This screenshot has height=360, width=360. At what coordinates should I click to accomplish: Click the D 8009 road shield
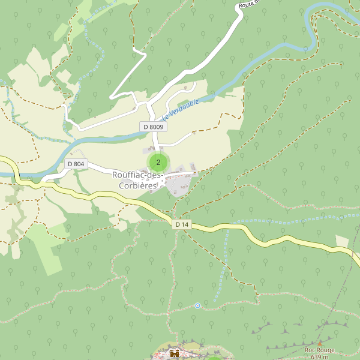point(153,127)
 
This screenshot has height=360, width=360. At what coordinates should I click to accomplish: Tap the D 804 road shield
point(76,164)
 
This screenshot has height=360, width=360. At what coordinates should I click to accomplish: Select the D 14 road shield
point(182,224)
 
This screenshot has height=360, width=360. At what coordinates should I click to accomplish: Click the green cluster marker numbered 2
point(158,162)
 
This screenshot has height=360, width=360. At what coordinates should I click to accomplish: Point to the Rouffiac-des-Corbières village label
point(137,180)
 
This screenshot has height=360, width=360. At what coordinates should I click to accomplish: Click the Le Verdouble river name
point(180,108)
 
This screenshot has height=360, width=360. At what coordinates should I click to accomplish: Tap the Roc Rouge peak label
point(319,350)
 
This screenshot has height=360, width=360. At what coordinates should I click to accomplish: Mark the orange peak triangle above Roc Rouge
point(320,343)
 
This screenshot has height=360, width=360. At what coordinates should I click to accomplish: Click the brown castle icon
point(175,353)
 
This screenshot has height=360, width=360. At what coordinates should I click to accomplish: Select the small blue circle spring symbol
point(197,306)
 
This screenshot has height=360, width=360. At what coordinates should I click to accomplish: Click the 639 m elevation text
point(320,357)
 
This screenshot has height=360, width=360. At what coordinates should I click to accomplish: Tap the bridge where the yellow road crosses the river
point(16,175)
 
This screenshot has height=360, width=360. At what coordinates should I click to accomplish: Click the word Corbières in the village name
point(137,185)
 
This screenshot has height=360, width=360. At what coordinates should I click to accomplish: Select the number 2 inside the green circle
point(158,162)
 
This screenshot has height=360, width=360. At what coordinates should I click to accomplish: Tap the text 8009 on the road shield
point(156,127)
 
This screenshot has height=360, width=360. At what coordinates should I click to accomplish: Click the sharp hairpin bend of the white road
point(111,97)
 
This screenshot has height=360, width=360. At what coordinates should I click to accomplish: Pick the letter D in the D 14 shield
point(178,224)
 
